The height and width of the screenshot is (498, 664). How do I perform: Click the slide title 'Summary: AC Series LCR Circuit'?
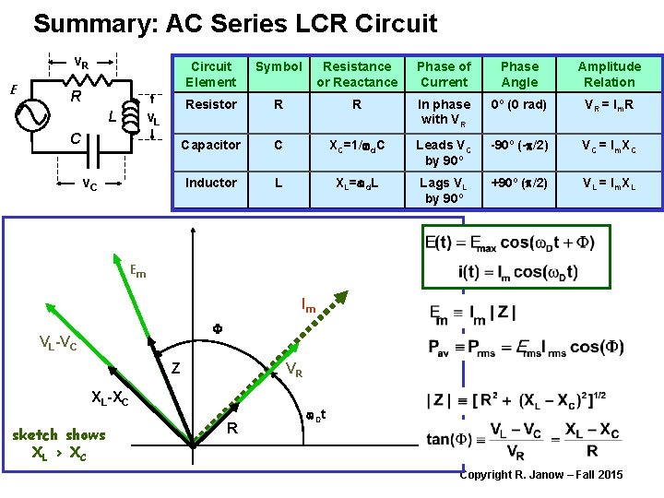click(235, 23)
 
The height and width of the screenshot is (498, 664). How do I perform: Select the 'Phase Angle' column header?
click(519, 74)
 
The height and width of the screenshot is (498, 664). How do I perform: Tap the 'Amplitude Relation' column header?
click(609, 74)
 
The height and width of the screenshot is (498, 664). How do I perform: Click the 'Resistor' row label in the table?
click(211, 105)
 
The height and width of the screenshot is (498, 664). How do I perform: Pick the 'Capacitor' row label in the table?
click(211, 145)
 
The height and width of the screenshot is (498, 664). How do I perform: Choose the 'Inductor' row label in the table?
click(211, 183)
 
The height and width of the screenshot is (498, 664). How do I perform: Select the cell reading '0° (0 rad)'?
click(519, 105)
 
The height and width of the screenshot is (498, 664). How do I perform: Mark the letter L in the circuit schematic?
click(112, 118)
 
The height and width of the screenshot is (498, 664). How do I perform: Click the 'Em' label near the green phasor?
click(137, 272)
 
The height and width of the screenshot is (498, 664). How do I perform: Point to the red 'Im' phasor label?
click(309, 305)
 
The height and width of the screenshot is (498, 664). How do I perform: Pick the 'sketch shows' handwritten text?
click(59, 434)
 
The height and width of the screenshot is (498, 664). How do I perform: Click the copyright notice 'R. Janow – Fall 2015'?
click(541, 475)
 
